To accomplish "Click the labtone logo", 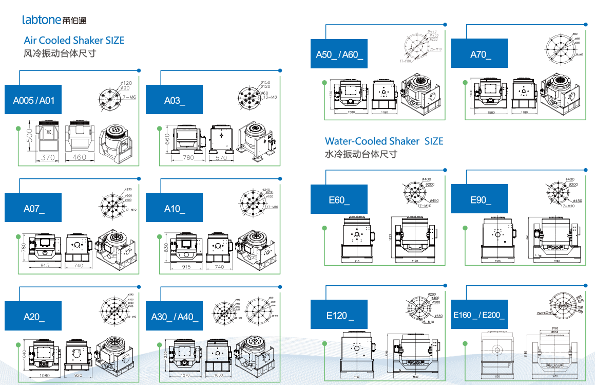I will pos(54,20).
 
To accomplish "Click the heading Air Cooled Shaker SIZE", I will pos(74,40).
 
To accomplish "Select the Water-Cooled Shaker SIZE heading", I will pos(383,141).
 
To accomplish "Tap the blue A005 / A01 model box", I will pos(33,100).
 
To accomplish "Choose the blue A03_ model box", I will pos(174,100).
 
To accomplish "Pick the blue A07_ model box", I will pos(33,208).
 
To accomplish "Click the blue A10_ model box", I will pos(174,208).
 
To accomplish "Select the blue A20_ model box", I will pos(33,316).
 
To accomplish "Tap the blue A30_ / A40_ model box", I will pos(174,316).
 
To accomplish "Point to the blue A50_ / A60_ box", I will pos(339,54).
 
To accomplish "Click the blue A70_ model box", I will pos(479,54).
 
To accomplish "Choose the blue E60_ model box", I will pos(339,199).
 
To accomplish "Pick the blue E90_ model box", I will pos(479,199).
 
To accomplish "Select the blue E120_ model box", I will pos(339,315).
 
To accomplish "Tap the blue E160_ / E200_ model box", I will pos(479,315).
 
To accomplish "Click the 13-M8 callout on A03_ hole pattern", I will pos(270,97).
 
